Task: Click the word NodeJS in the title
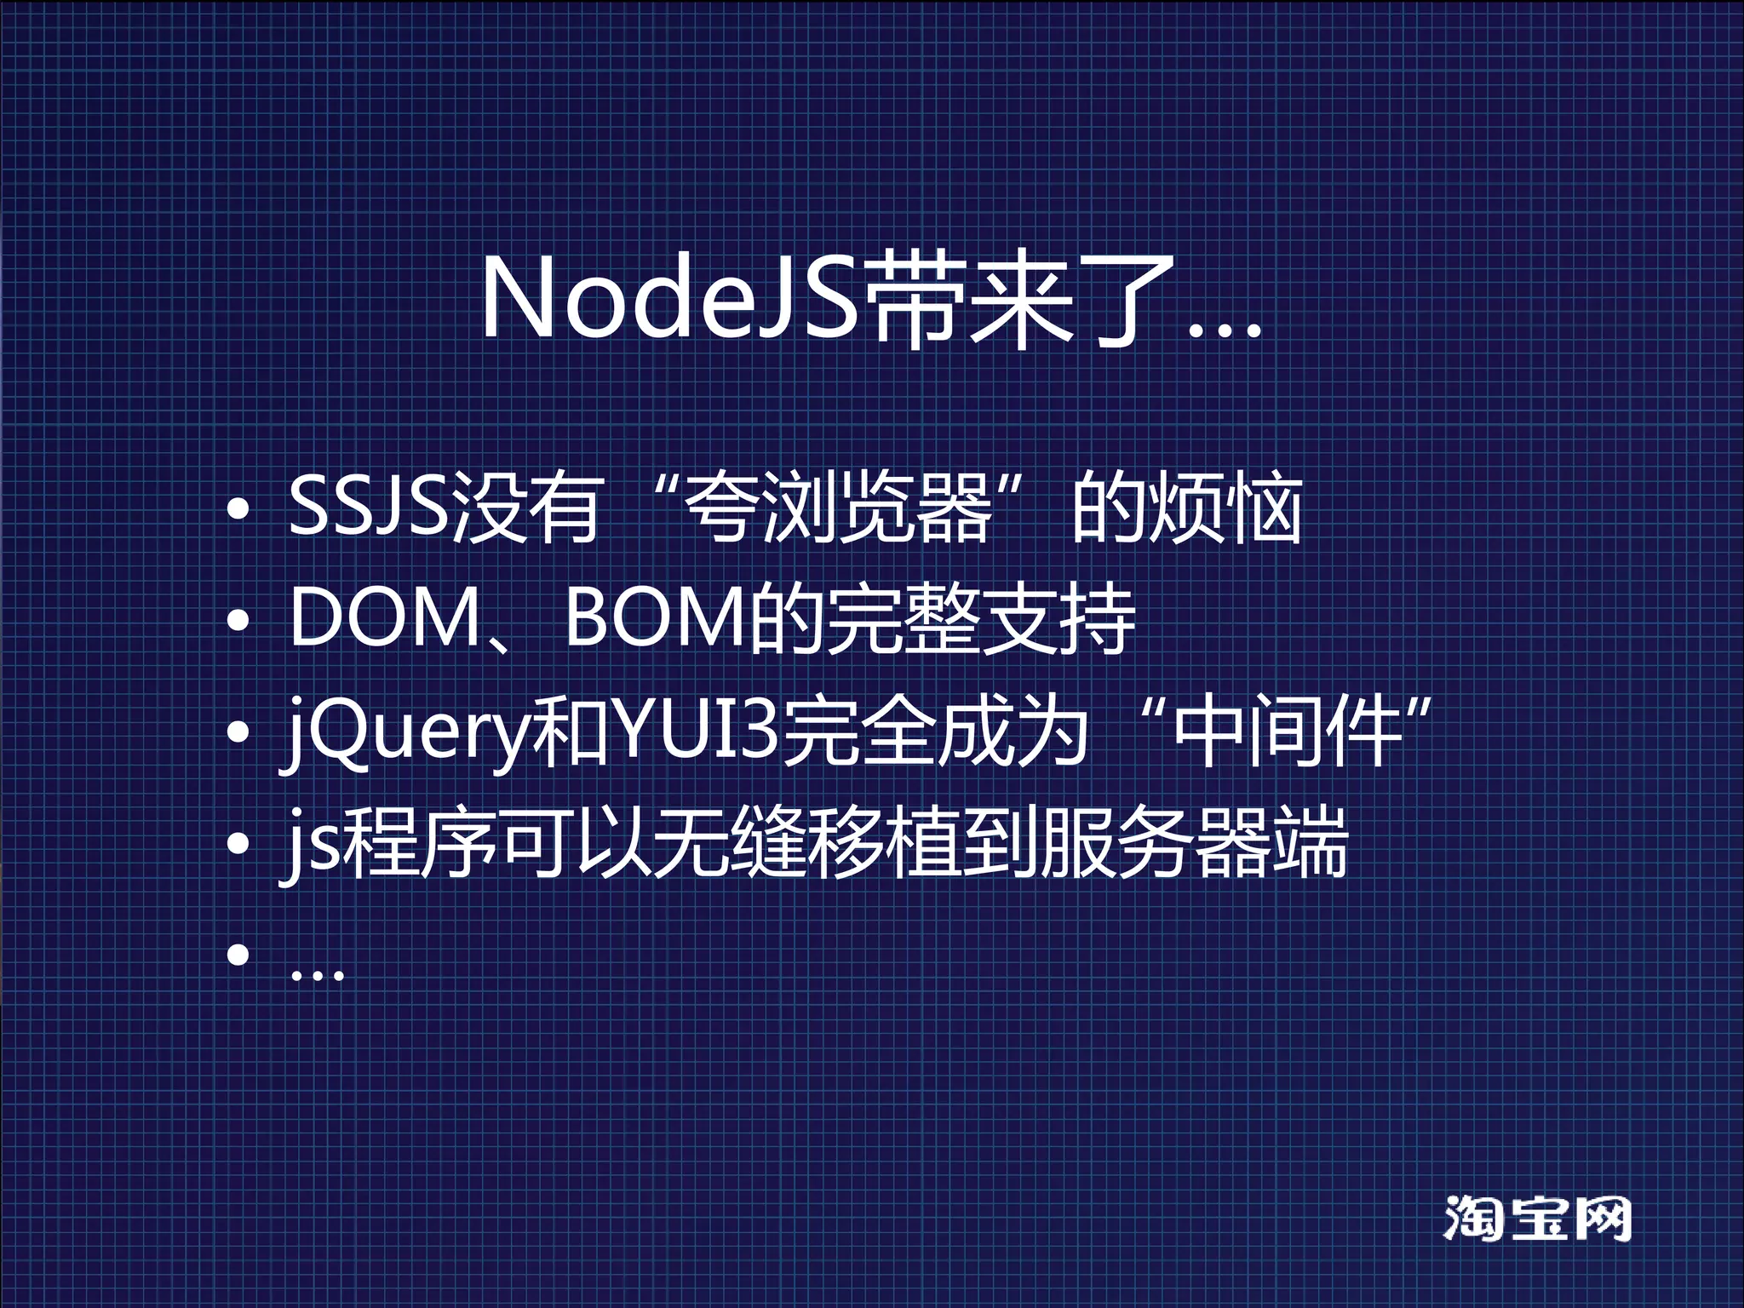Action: point(669,298)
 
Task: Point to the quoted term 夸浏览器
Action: point(839,508)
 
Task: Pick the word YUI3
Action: point(696,731)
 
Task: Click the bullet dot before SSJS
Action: point(238,509)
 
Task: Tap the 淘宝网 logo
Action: point(1537,1219)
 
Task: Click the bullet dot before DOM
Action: point(238,620)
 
